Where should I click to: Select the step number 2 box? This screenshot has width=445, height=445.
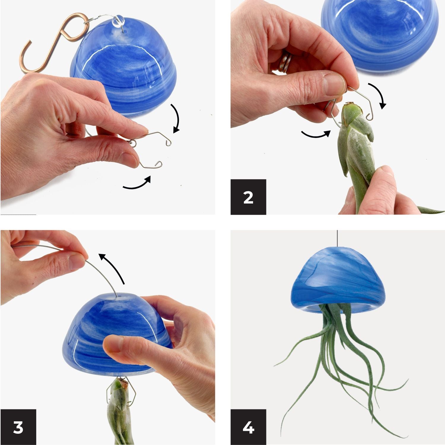click(x=248, y=197)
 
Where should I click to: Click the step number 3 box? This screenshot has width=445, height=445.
click(x=18, y=427)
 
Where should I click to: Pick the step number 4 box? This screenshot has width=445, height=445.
click(x=248, y=427)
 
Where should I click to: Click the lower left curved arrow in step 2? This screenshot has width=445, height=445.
click(x=316, y=135)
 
